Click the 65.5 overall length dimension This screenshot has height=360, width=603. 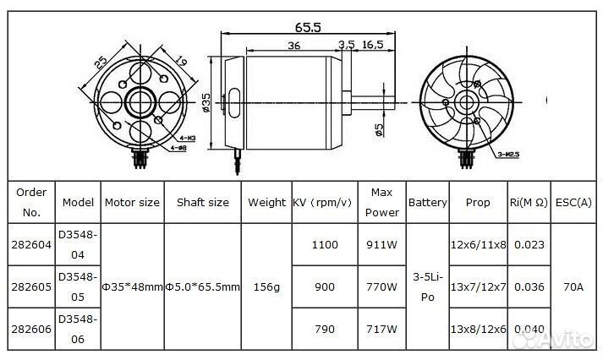click(308, 27)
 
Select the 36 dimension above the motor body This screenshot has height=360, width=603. click(293, 46)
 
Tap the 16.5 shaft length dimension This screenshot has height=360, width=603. click(373, 45)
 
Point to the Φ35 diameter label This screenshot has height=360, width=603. click(207, 104)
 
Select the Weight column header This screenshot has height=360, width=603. click(267, 203)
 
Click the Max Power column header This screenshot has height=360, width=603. click(381, 203)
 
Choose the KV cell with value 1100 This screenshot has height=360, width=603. click(325, 245)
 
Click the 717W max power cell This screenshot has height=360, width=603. click(381, 329)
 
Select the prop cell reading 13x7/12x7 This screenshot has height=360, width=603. click(478, 287)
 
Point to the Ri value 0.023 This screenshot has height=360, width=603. click(529, 245)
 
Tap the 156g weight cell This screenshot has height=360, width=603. click(267, 287)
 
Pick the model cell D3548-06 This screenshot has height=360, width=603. click(78, 328)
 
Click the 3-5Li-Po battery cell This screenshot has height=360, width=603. click(428, 287)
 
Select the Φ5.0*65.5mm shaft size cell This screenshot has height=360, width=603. click(203, 287)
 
